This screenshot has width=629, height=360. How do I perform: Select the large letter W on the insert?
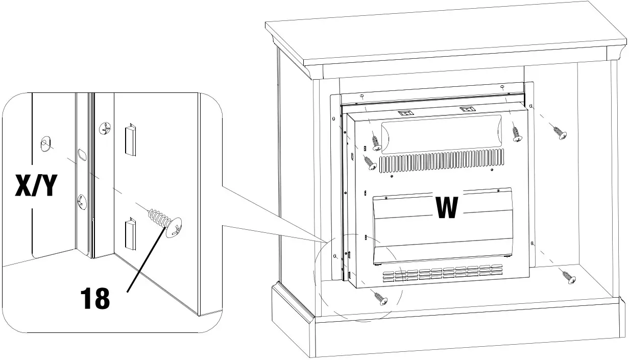447,207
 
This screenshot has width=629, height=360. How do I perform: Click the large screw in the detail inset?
164,220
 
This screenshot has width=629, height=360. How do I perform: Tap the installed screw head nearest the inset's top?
105,129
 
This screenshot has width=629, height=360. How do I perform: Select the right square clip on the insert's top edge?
466,109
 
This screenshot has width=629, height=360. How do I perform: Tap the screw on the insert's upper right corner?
517,132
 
